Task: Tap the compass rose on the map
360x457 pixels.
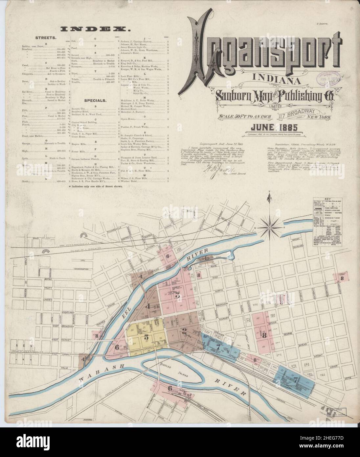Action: coord(269,227)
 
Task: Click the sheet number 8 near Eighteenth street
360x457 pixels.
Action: coord(342,278)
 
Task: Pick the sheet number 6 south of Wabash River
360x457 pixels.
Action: coord(170,388)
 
